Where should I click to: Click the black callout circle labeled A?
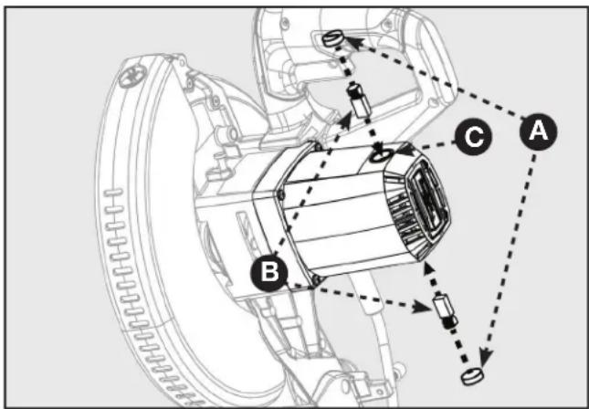(x=538, y=131)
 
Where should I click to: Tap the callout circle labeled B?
(x=269, y=272)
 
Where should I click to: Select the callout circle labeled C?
(x=473, y=136)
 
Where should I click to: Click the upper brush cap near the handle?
(x=331, y=39)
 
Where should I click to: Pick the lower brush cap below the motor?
(x=472, y=376)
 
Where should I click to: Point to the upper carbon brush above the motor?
(x=358, y=100)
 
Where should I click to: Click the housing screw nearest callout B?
(x=317, y=279)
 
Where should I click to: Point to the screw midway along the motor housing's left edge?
(x=281, y=194)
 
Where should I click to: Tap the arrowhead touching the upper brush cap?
(x=352, y=41)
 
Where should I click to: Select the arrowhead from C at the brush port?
(x=403, y=150)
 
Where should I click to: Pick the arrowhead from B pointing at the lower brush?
(x=422, y=308)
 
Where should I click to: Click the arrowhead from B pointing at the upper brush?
(x=345, y=121)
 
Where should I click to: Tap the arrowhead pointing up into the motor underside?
(x=428, y=268)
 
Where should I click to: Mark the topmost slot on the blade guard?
(x=113, y=193)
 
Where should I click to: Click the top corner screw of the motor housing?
(x=319, y=147)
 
